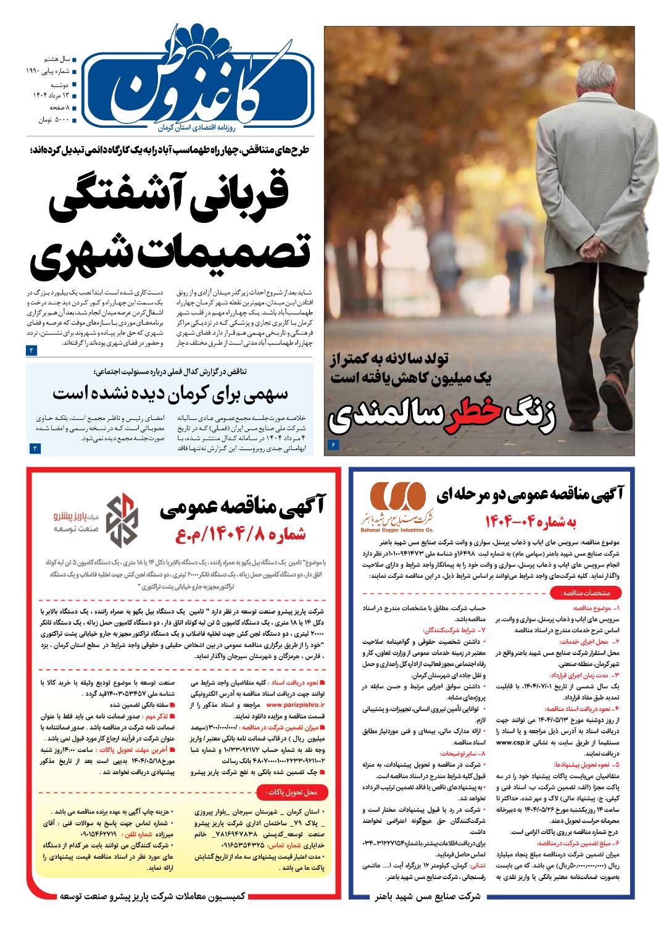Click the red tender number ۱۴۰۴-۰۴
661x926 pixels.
(x=531, y=520)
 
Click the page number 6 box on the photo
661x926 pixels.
(x=335, y=444)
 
